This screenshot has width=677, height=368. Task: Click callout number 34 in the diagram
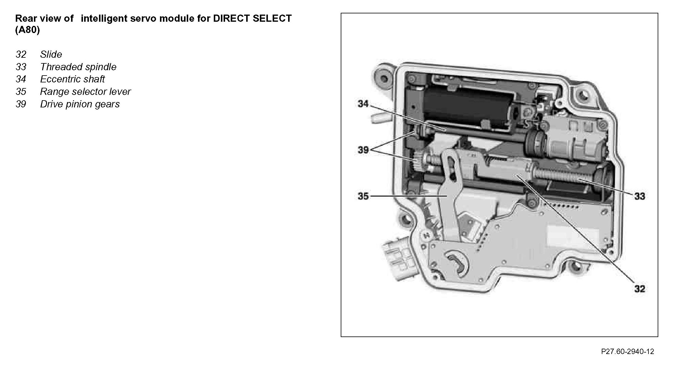coord(363,104)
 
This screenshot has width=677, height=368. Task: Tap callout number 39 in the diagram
coord(363,150)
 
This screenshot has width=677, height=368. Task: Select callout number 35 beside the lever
coord(363,196)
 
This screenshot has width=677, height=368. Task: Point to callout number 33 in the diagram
coord(640,196)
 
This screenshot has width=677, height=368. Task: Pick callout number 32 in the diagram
coord(640,289)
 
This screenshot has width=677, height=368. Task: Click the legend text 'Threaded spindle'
coord(78,67)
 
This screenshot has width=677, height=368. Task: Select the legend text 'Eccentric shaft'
coord(72,79)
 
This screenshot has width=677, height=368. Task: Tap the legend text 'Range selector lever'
coord(85,92)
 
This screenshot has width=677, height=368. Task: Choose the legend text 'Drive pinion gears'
coord(80,104)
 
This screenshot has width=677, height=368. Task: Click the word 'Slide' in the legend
coord(51,54)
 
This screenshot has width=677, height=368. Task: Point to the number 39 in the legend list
coord(21,104)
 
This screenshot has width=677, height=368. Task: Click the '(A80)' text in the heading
coord(27,30)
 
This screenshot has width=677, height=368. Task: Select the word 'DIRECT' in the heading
coord(231,18)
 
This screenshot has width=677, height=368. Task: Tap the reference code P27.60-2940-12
coord(627,352)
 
